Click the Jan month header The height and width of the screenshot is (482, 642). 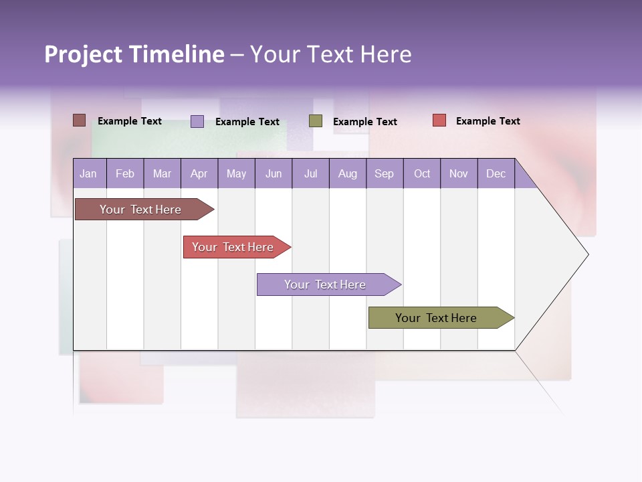coord(89,173)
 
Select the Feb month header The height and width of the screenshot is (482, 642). coord(125,173)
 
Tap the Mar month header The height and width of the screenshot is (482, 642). coord(162,173)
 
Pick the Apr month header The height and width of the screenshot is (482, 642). coord(199,173)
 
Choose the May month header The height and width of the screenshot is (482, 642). coord(236,173)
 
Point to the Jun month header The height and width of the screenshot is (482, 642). coord(274,173)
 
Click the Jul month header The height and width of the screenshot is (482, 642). coord(310,173)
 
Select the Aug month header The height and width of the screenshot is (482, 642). coord(348,173)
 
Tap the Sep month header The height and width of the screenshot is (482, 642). coord(385,173)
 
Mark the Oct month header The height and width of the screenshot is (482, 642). coord(422,173)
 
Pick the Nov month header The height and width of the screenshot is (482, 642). coord(459,173)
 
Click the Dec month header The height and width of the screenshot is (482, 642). coord(496,173)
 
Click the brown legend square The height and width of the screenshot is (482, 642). coord(80,120)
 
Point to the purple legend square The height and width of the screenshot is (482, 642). coord(197,121)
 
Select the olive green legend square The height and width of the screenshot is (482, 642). coord(316,121)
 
